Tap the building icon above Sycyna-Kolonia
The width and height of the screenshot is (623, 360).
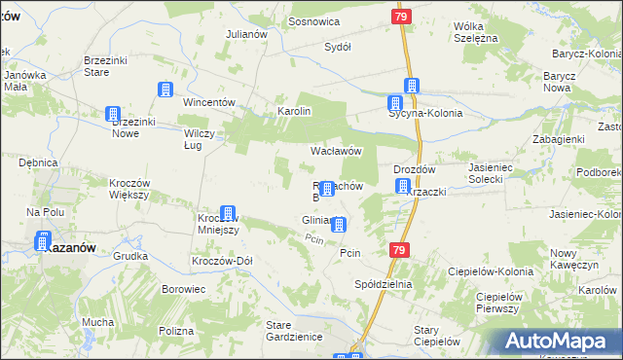click(412, 86)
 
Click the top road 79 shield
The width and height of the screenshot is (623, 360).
click(402, 18)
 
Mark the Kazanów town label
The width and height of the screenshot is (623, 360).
click(71, 248)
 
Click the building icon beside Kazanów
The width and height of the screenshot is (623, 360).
click(44, 240)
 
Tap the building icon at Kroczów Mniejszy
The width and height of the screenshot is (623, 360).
click(228, 213)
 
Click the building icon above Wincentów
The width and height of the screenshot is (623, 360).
click(165, 90)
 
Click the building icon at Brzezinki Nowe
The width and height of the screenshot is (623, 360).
click(113, 114)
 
